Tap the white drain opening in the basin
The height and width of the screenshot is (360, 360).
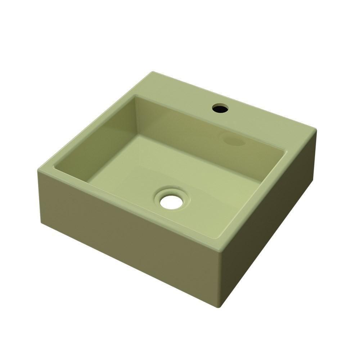coord(171,202)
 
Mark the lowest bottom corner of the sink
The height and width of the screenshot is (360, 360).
coord(219,306)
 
